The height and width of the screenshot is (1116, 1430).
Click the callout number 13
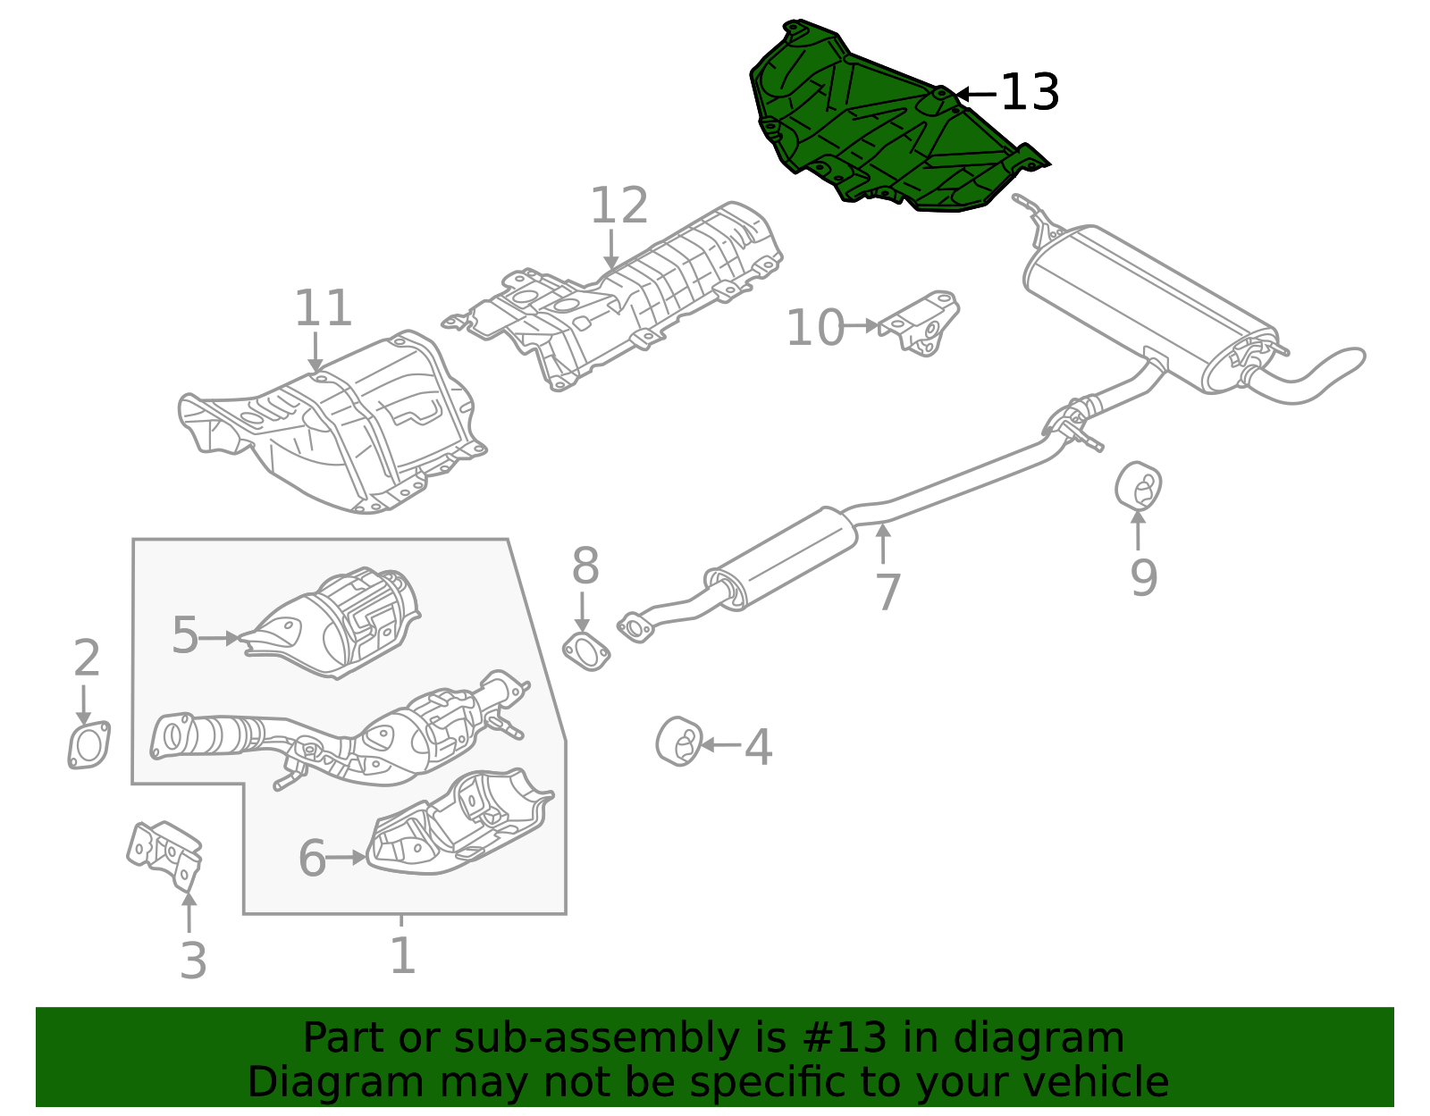pos(1030,93)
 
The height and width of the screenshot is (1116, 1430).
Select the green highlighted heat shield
pos(885,125)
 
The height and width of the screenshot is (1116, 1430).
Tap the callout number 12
pos(618,206)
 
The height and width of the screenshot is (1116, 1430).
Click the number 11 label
pos(323,309)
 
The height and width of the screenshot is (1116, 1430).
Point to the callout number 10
pos(814,328)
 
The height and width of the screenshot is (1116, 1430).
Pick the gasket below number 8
pos(586,651)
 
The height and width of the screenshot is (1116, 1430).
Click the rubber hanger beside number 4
pos(678,742)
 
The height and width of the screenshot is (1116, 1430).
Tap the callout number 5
pos(185,637)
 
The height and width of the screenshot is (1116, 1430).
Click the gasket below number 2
pos(88,745)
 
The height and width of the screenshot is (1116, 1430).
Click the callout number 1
pos(402,956)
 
